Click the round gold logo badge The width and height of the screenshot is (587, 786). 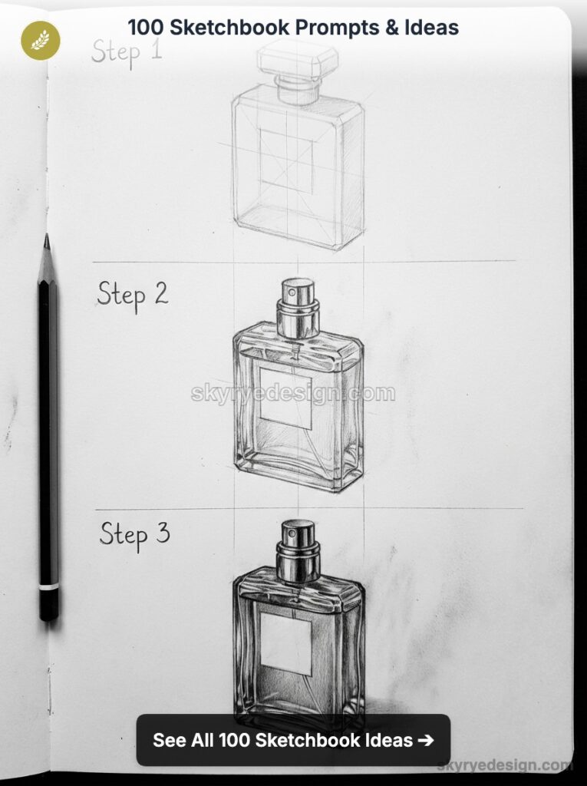click(40, 40)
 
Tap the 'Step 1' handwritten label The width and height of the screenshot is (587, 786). click(127, 51)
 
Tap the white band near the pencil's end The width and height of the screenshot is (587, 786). click(49, 587)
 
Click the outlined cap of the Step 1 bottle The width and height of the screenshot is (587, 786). click(298, 57)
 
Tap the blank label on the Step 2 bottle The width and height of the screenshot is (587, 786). click(285, 398)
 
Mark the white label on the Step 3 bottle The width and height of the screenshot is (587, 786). click(285, 643)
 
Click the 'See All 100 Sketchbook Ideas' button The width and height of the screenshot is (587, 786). click(293, 740)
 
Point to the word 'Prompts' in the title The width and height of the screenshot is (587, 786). click(334, 28)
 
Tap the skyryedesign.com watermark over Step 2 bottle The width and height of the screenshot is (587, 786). click(293, 394)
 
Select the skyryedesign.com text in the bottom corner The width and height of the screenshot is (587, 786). click(505, 765)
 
